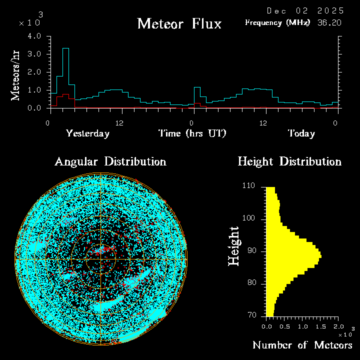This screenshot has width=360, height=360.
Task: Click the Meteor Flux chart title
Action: tap(179, 23)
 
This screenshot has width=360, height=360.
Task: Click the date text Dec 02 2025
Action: tap(305, 10)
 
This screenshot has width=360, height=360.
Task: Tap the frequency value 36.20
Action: tap(330, 22)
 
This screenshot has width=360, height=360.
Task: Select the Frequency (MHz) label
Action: tap(277, 22)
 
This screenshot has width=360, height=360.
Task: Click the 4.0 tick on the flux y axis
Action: tap(34, 36)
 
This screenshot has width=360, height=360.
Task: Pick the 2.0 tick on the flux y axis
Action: tap(34, 72)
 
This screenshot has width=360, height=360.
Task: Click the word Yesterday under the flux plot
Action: tap(87, 133)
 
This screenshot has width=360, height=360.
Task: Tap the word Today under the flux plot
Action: tap(301, 133)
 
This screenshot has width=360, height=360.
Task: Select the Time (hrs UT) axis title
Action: tap(192, 133)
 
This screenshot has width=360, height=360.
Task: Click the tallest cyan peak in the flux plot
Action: tap(65, 48)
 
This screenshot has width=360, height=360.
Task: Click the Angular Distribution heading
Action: tap(110, 162)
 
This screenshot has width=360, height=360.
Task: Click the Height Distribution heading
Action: tap(289, 162)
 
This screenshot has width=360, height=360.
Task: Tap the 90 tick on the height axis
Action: tap(251, 250)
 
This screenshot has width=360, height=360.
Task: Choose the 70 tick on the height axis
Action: tap(251, 315)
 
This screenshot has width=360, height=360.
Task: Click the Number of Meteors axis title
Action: tap(302, 345)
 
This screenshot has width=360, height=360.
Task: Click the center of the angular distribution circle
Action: tap(100, 259)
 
